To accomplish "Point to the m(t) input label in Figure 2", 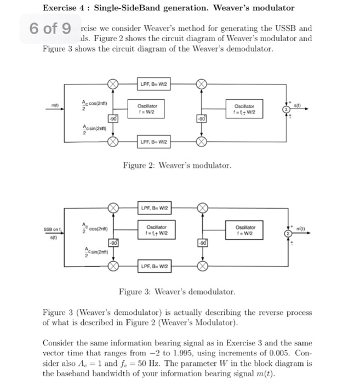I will coord(54,105).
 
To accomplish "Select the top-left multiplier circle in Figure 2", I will coord(112,84).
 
